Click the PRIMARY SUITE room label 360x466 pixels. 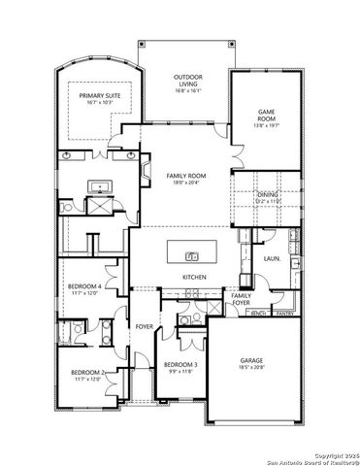click(x=97, y=95)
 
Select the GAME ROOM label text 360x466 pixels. click(x=265, y=116)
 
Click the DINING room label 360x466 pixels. click(x=268, y=195)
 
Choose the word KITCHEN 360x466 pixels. click(x=194, y=278)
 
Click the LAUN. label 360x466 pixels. click(x=272, y=259)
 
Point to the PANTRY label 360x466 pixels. click(x=284, y=314)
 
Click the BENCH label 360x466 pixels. click(x=259, y=314)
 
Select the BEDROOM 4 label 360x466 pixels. click(x=86, y=286)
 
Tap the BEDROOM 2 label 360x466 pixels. click(x=87, y=372)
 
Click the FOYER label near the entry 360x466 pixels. click(x=145, y=326)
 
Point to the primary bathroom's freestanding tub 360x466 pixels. click(x=99, y=186)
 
